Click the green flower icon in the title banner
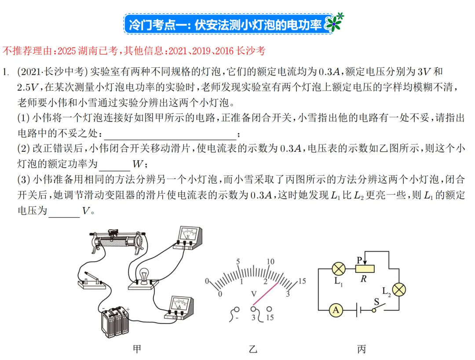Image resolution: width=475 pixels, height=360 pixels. pos(335,22)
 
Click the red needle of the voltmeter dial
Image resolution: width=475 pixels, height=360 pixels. pos(266,294)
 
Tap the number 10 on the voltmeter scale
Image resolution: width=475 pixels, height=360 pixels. pos(270,262)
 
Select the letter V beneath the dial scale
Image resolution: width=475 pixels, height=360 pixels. pos(253,293)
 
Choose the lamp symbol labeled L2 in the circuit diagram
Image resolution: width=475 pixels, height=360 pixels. pos(399,289)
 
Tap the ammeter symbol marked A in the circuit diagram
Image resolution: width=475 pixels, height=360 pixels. pos(336,310)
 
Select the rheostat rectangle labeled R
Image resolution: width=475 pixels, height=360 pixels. pos(365,268)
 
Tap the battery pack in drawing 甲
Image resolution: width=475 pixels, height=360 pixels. pos(116,321)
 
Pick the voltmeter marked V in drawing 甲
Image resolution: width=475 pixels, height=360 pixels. pos(188,238)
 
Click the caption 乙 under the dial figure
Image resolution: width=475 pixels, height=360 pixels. pos(253,349)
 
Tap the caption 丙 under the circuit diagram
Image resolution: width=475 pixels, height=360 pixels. pos(362,349)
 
